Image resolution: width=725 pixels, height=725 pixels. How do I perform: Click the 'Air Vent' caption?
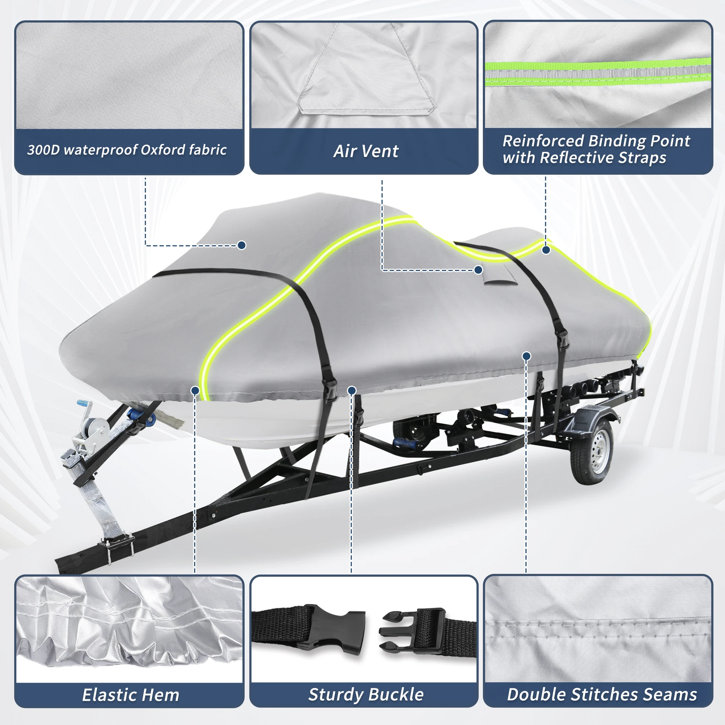click(365, 151)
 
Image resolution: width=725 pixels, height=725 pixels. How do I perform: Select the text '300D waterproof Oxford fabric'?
click(127, 150)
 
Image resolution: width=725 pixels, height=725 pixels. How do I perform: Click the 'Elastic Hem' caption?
click(130, 695)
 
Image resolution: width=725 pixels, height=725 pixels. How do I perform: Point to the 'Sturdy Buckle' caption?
click(365, 694)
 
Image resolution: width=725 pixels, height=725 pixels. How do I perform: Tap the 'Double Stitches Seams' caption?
click(602, 694)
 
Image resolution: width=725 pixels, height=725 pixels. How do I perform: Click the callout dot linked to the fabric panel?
click(242, 245)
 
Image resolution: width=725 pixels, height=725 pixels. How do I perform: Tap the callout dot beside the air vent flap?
click(478, 270)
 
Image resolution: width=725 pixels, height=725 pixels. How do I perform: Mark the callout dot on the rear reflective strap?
click(546, 249)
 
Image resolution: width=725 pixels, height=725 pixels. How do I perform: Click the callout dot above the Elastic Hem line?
click(195, 391)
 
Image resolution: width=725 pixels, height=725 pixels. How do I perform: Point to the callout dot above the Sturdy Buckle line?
click(352, 391)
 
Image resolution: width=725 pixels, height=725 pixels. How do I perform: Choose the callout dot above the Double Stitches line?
click(526, 356)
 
